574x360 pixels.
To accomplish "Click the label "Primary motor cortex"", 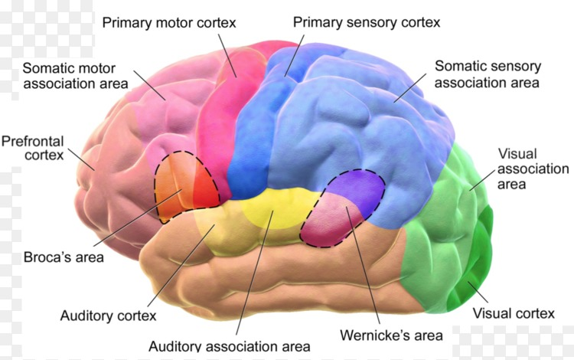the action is coord(169,23).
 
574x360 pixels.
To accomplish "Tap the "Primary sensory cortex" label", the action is coord(367,22).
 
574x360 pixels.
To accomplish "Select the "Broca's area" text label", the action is coord(64,257).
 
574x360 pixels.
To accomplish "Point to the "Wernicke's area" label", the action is coord(391,335).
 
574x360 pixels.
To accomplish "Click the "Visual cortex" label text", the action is coord(514,313).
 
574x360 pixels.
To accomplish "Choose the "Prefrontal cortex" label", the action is coord(33,148).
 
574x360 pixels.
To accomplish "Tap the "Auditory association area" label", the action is coord(230,346).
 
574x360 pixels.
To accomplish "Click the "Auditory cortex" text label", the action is coord(109,316).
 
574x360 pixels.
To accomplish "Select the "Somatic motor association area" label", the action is coord(76,76).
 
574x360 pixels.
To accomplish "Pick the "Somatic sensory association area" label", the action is coord(488,74).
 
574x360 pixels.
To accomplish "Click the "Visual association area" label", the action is coord(533,169).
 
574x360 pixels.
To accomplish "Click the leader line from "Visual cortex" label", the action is coord(478,292).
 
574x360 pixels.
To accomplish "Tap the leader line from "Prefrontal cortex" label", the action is coord(81,159).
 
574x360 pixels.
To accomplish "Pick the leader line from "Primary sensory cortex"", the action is coord(295,56).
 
